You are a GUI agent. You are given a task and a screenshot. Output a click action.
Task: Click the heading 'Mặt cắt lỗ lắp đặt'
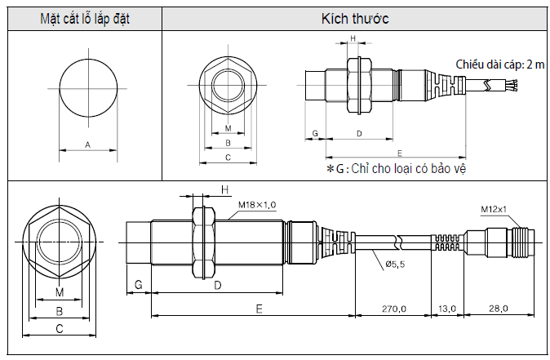point(85,18)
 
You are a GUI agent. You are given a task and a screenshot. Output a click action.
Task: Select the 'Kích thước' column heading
point(355,18)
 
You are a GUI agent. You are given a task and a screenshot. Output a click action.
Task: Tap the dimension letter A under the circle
point(87,144)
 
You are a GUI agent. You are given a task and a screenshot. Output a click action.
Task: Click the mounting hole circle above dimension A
point(87,87)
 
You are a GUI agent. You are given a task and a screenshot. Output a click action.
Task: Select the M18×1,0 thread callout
point(257,204)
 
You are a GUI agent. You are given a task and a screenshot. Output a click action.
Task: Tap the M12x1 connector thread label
point(494,209)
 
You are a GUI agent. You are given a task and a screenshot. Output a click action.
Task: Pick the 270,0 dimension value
point(393,308)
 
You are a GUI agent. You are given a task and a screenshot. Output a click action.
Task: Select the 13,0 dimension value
point(447,308)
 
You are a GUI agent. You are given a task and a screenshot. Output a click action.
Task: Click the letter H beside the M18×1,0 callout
point(224,189)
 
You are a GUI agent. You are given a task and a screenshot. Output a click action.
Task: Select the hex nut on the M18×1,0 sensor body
point(201,240)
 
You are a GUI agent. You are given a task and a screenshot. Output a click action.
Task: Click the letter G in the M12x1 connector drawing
point(138,284)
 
